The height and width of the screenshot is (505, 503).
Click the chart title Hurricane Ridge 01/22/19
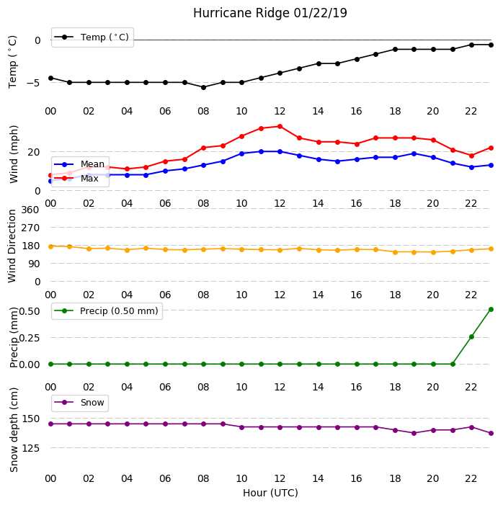click(x=270, y=13)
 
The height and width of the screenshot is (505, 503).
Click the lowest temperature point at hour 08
click(x=203, y=87)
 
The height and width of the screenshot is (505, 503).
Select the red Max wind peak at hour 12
click(x=280, y=127)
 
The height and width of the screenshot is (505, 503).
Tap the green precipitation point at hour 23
click(x=491, y=310)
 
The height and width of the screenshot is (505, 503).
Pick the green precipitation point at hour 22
click(x=471, y=337)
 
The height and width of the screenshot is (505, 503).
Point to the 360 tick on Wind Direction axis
click(x=30, y=210)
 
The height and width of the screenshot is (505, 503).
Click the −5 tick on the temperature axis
click(x=33, y=83)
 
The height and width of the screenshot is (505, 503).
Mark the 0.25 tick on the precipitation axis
click(x=30, y=338)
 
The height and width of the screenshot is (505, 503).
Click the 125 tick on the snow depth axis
click(x=30, y=448)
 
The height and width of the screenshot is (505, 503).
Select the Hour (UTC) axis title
click(x=270, y=493)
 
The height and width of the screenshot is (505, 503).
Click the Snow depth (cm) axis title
click(x=14, y=430)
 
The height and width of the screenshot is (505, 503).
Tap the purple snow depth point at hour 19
click(x=414, y=433)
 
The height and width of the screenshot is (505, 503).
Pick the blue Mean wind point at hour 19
click(x=414, y=153)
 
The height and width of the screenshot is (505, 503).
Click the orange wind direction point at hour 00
click(x=50, y=246)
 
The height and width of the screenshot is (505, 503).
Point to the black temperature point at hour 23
click(x=491, y=45)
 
